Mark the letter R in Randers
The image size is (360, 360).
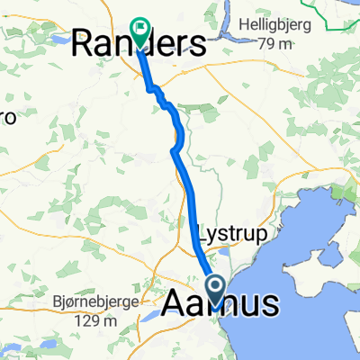click(83, 43)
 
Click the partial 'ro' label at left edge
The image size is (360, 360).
click(9, 117)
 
